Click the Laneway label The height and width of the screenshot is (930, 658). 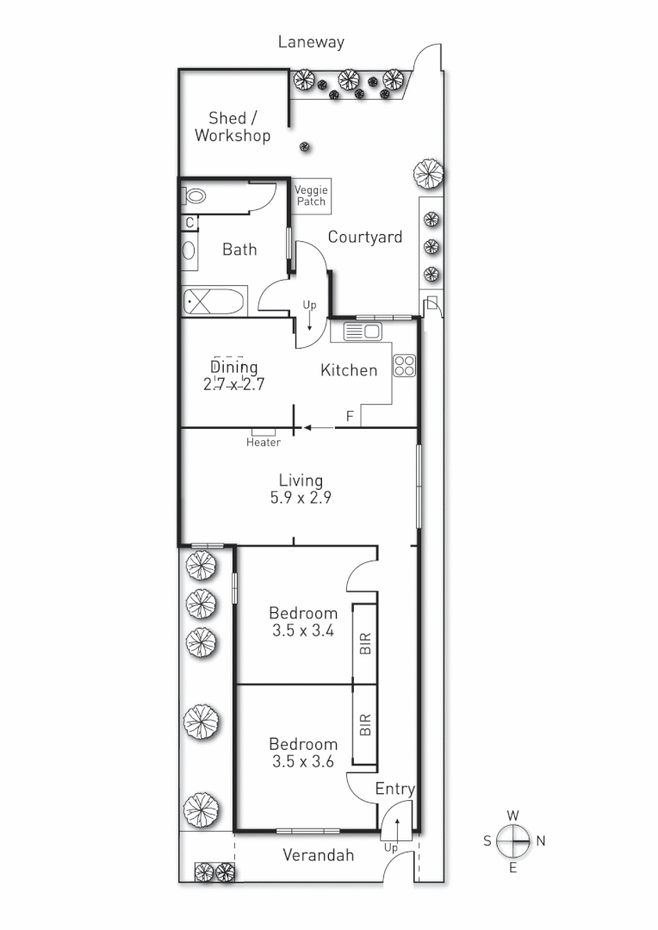click(311, 41)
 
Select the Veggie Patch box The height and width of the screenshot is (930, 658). click(311, 195)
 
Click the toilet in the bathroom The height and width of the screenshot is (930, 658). click(196, 196)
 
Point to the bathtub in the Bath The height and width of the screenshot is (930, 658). click(213, 302)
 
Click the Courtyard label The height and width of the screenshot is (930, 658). click(364, 237)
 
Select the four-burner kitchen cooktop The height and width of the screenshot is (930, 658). click(404, 365)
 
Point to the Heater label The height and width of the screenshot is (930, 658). click(264, 443)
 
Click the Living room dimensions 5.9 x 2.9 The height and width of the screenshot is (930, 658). click(301, 498)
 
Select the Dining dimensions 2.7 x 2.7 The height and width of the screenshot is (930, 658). click(233, 384)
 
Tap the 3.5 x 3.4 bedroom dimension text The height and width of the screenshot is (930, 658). click(302, 630)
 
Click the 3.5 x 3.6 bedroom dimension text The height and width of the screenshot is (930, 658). click(302, 761)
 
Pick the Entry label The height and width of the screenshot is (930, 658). click(395, 789)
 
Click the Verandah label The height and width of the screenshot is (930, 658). click(319, 855)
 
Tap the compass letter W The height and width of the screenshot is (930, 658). click(512, 815)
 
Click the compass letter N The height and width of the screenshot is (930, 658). click(540, 841)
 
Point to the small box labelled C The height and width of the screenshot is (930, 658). click(189, 222)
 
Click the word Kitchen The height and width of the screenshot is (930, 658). click(349, 370)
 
